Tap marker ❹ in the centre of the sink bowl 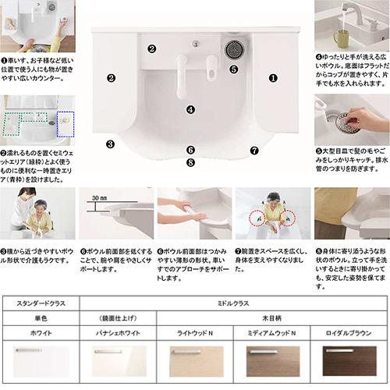[190, 110]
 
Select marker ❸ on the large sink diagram [111, 144]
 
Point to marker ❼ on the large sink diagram [253, 149]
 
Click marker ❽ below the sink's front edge [190, 162]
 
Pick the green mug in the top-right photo [340, 37]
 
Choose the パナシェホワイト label [117, 331]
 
